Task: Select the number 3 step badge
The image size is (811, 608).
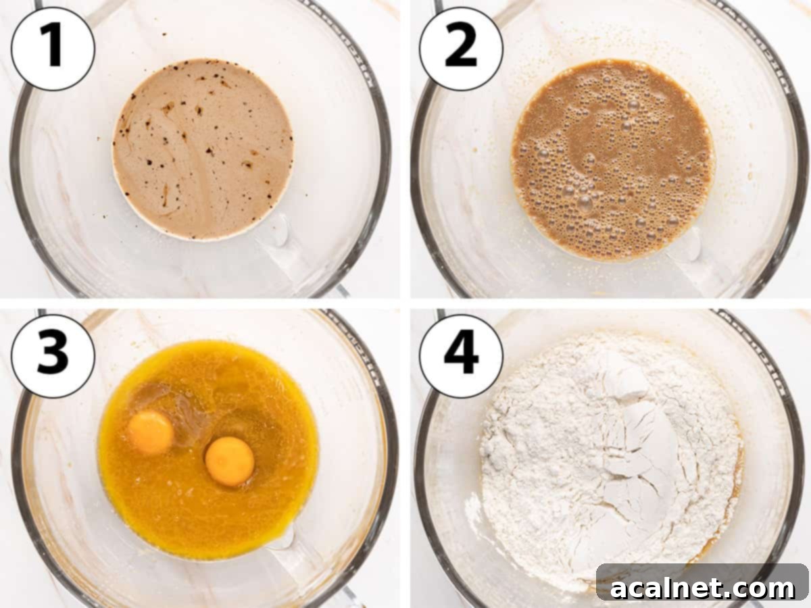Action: pos(53,356)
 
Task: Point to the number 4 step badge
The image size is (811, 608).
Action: pos(461,356)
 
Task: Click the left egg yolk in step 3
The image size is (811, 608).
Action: pos(150,432)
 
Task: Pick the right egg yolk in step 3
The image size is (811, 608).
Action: pos(230,461)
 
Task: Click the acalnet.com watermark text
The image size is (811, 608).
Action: pos(703,588)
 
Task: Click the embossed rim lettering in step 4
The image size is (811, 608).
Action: pos(777,378)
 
